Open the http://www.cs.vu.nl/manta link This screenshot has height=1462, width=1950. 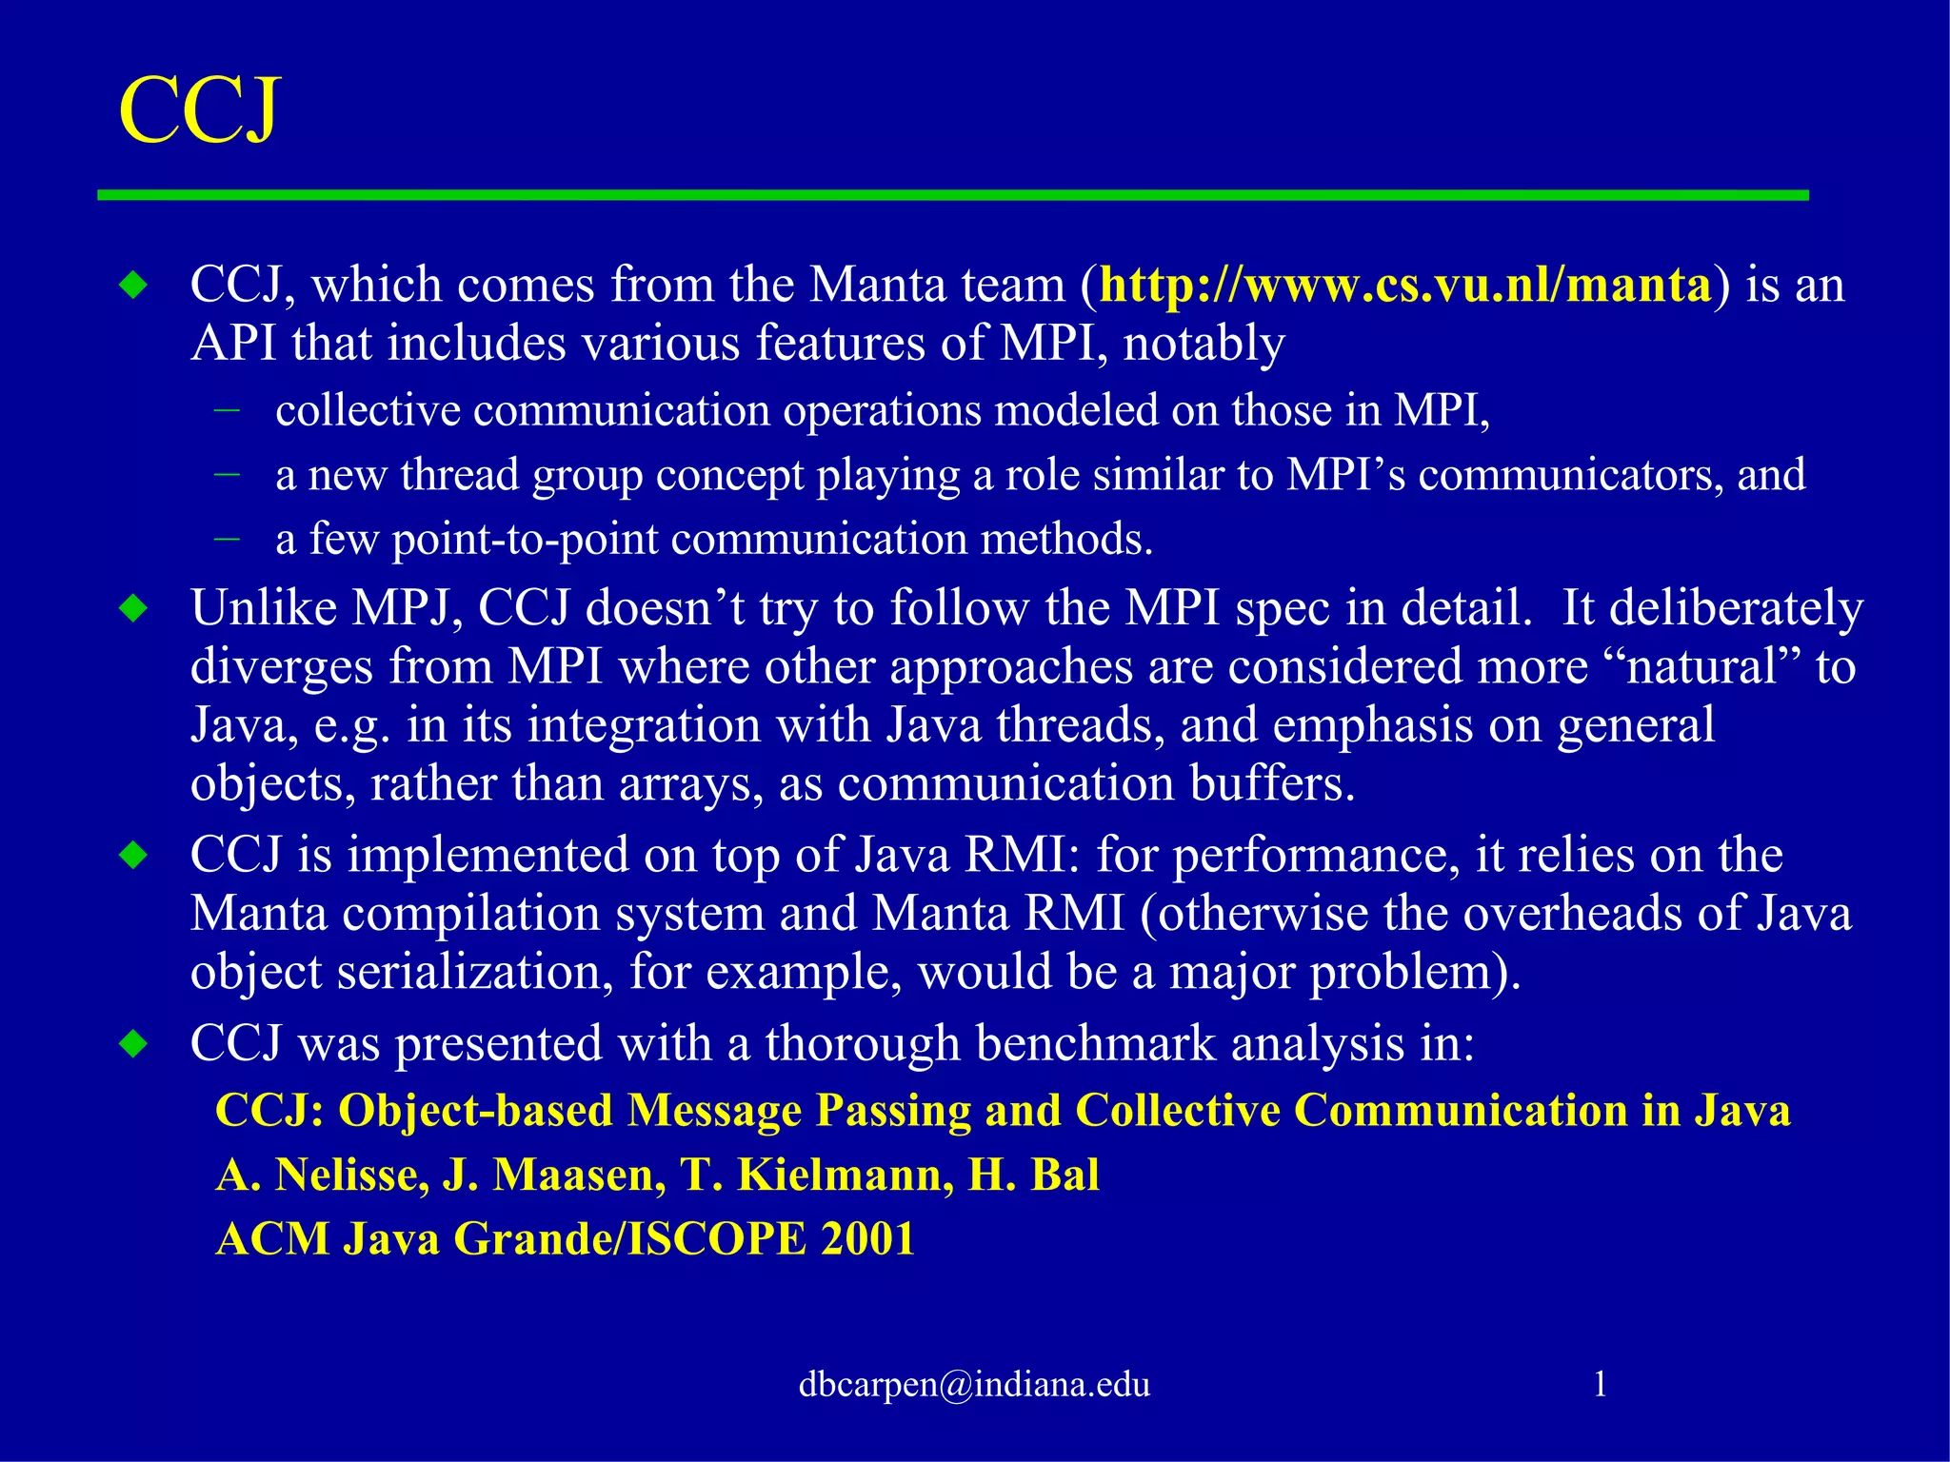click(x=1405, y=285)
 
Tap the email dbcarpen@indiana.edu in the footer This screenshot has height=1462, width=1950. click(x=974, y=1384)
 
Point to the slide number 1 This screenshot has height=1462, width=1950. click(x=1601, y=1384)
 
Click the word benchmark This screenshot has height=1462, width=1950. click(x=1096, y=1043)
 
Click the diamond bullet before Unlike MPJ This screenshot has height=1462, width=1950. click(x=134, y=608)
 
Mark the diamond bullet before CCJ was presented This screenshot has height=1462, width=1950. click(x=134, y=1044)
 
